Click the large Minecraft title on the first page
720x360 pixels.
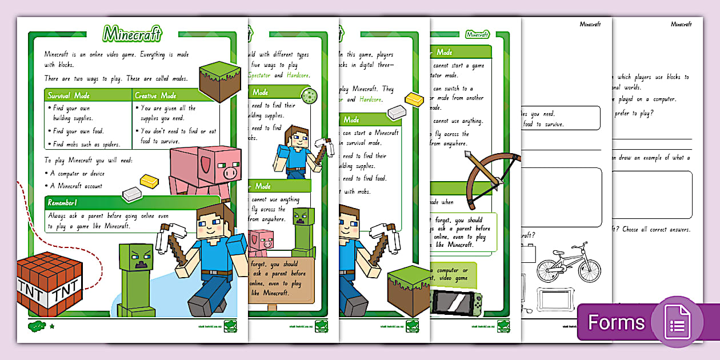click(x=132, y=34)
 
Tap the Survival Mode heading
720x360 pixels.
click(x=69, y=95)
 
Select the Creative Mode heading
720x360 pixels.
click(x=155, y=95)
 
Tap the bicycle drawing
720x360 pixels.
click(x=569, y=263)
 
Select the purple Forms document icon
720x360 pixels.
click(x=677, y=322)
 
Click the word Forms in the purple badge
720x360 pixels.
click(x=617, y=323)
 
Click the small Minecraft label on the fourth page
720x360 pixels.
click(x=477, y=34)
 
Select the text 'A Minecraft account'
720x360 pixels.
click(x=76, y=186)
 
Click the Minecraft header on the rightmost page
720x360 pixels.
click(x=681, y=25)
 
